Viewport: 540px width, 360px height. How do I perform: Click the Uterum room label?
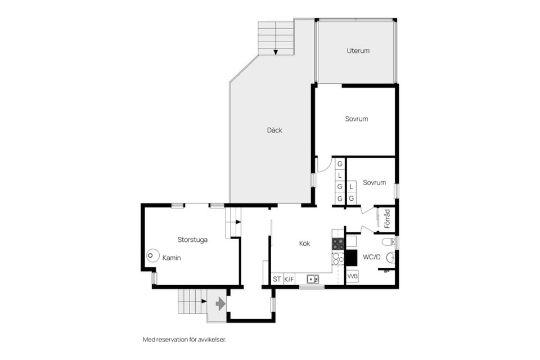[x=358, y=51]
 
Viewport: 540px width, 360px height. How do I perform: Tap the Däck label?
[x=274, y=130]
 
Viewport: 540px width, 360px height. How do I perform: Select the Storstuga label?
[x=192, y=240]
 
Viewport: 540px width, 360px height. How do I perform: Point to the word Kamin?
[x=172, y=258]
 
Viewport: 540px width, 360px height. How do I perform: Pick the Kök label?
[x=304, y=244]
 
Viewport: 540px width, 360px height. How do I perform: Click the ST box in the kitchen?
[x=277, y=279]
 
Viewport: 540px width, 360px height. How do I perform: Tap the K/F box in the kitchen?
[x=289, y=279]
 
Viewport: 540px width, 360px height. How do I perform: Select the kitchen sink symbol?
[x=313, y=279]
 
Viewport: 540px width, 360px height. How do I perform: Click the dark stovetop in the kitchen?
[x=338, y=244]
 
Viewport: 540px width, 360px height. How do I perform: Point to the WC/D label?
[x=372, y=257]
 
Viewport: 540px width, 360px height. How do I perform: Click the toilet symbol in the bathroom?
[x=389, y=242]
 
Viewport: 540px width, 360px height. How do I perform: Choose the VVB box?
[x=352, y=276]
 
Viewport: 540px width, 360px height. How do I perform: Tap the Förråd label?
[x=387, y=219]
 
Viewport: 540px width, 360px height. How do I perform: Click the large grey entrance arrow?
[x=220, y=304]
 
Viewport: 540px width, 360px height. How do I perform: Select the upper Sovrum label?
[x=357, y=119]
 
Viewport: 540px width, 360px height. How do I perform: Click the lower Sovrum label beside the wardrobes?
[x=374, y=183]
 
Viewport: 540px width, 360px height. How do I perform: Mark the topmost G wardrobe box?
[x=340, y=164]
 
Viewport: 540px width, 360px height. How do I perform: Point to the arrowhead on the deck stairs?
[x=276, y=52]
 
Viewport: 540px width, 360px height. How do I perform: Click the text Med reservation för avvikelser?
[x=184, y=340]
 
